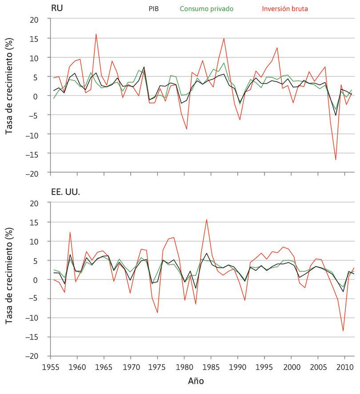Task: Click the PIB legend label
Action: pyautogui.click(x=153, y=8)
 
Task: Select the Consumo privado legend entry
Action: pyautogui.click(x=206, y=8)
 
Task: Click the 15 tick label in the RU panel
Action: pyautogui.click(x=40, y=39)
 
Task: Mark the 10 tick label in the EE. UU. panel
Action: pyautogui.click(x=40, y=241)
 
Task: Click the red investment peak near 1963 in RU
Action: pyautogui.click(x=96, y=34)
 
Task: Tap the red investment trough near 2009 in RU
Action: pyautogui.click(x=336, y=159)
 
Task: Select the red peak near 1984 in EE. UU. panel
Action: pyautogui.click(x=206, y=219)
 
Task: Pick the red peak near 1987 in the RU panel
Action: pyautogui.click(x=224, y=39)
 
